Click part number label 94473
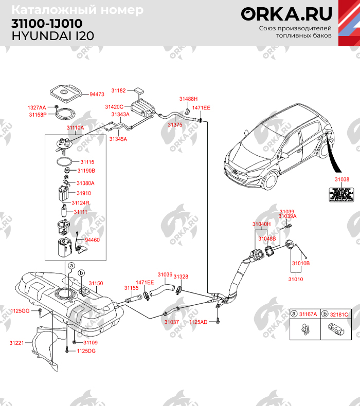(97, 95)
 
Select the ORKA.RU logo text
(286, 13)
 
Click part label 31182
(119, 90)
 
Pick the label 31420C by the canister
(114, 106)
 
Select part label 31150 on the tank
(96, 283)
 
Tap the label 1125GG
(21, 311)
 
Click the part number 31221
(16, 342)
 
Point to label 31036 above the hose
(165, 274)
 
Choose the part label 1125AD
(198, 322)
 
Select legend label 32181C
(338, 314)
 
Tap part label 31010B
(301, 263)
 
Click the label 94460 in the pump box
(93, 240)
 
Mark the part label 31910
(83, 193)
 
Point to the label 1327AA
(37, 107)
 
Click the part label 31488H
(188, 98)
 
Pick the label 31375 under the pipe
(175, 124)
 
